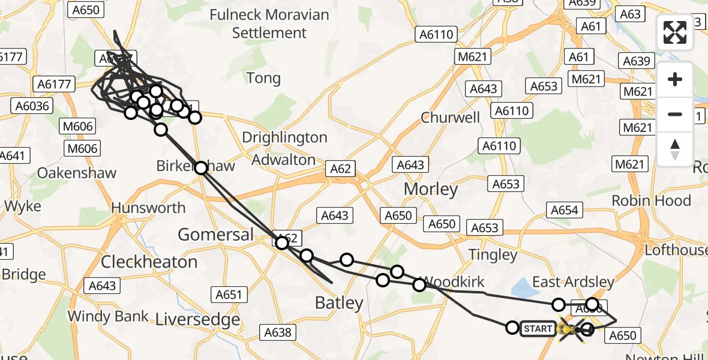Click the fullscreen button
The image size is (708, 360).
tap(675, 32)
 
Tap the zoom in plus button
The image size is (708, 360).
tap(675, 79)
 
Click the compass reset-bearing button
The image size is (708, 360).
tap(675, 150)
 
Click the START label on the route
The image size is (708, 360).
tap(538, 329)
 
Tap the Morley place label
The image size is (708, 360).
tap(430, 190)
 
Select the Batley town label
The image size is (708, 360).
tap(340, 303)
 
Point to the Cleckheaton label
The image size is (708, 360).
tap(149, 262)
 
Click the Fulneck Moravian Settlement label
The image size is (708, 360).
tap(269, 24)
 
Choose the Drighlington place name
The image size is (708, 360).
tap(284, 137)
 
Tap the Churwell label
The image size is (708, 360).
tap(451, 117)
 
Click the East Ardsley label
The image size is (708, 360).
tap(573, 282)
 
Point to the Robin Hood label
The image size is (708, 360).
tap(651, 200)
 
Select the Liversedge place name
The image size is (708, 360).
tap(198, 319)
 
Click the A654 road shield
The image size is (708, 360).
tap(564, 209)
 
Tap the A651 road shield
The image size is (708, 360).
tap(229, 294)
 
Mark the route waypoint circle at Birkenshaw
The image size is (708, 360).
tap(201, 167)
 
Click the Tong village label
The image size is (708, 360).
tap(263, 78)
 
